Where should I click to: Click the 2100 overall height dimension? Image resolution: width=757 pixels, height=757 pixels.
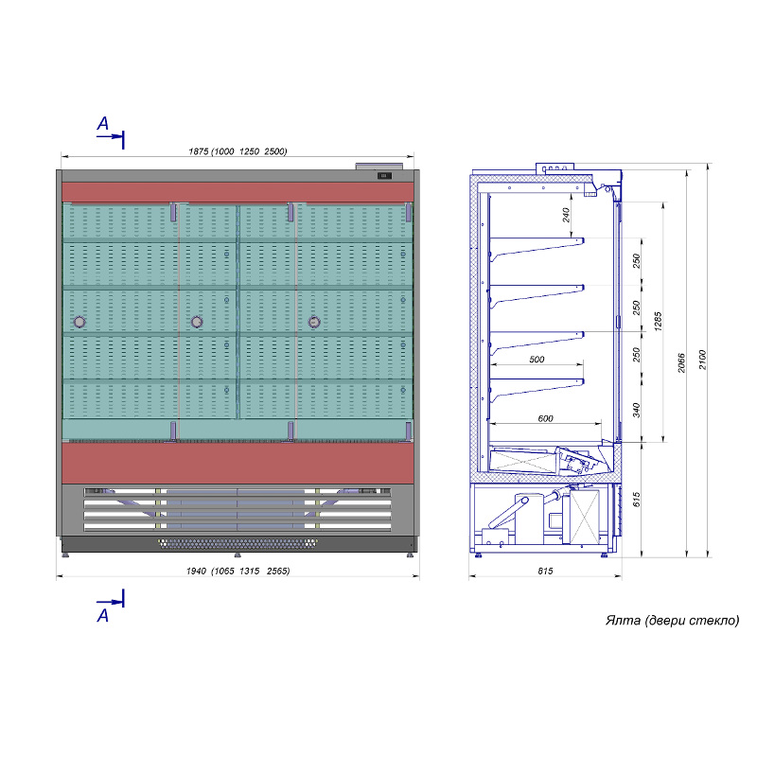tap(702, 360)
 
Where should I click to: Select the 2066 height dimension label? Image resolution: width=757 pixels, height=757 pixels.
tap(681, 362)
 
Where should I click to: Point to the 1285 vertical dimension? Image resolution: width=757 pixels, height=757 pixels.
tap(658, 321)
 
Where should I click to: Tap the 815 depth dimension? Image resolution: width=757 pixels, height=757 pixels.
tap(545, 571)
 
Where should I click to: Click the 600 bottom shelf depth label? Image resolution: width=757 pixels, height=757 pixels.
tap(545, 418)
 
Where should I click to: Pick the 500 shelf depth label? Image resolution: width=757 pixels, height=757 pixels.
tap(537, 360)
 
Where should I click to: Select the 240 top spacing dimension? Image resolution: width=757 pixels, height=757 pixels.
tap(566, 215)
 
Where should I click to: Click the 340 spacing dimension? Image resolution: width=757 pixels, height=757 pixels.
tap(636, 410)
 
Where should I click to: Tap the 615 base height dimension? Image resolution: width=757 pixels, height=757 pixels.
tap(636, 500)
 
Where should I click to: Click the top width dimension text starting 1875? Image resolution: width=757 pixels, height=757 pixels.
tap(238, 151)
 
